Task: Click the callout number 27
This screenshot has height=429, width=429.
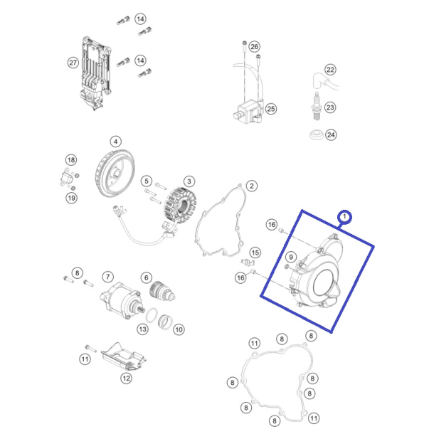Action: (73, 63)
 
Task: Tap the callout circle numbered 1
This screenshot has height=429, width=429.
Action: (344, 217)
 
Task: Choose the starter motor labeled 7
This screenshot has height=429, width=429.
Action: (120, 300)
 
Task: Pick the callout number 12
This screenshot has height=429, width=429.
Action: (126, 378)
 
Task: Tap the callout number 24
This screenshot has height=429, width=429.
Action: (331, 135)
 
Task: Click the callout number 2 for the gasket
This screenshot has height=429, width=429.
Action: (252, 186)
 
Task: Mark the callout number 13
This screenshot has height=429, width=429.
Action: (142, 329)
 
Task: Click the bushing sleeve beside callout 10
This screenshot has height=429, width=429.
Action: (166, 322)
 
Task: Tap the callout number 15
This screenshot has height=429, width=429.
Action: (255, 253)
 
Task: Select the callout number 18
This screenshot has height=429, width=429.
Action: (71, 160)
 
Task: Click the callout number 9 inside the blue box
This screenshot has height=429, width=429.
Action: (291, 257)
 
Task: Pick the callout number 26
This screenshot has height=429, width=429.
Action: (255, 46)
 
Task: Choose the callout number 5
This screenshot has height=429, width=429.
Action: (147, 181)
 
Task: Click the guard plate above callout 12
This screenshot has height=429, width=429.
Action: (123, 357)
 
